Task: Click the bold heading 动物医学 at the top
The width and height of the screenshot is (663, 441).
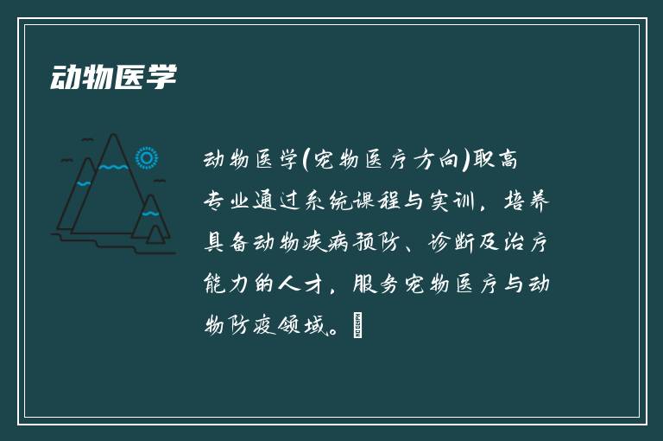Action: coord(113,77)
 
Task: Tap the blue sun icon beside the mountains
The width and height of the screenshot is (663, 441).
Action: coord(148,158)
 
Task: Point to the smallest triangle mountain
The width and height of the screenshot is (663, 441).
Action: coord(155,234)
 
